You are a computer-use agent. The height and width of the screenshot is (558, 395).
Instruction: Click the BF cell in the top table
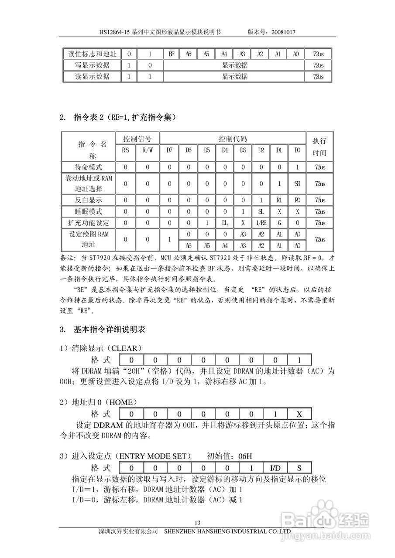172,54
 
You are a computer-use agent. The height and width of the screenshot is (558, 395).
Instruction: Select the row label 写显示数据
92,65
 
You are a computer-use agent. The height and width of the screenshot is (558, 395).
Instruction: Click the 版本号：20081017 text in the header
272,32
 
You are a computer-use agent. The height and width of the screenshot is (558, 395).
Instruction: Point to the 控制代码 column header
233,139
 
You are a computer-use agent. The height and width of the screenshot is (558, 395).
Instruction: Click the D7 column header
170,150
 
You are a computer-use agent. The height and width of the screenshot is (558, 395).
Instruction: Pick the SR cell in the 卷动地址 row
297,184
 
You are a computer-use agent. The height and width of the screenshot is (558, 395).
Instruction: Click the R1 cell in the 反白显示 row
279,201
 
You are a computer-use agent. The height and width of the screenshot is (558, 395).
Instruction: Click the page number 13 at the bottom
197,523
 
